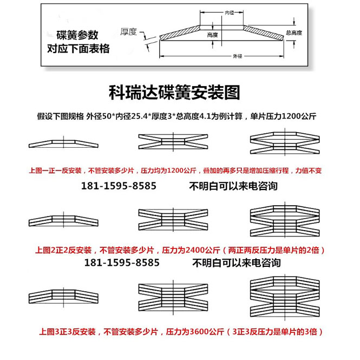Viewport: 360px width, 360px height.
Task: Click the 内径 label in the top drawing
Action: point(230,12)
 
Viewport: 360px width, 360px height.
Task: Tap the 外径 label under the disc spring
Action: point(237,56)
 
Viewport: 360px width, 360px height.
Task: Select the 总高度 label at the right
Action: point(293,33)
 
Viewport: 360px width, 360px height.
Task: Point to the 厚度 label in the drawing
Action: point(128,31)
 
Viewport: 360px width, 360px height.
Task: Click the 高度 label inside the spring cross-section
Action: point(212,35)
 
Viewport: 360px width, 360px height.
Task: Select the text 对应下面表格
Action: point(78,49)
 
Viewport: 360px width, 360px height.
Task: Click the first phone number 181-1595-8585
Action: point(119,186)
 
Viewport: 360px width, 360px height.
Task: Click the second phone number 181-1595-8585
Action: point(122,263)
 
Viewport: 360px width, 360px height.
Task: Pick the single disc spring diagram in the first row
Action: point(64,143)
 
